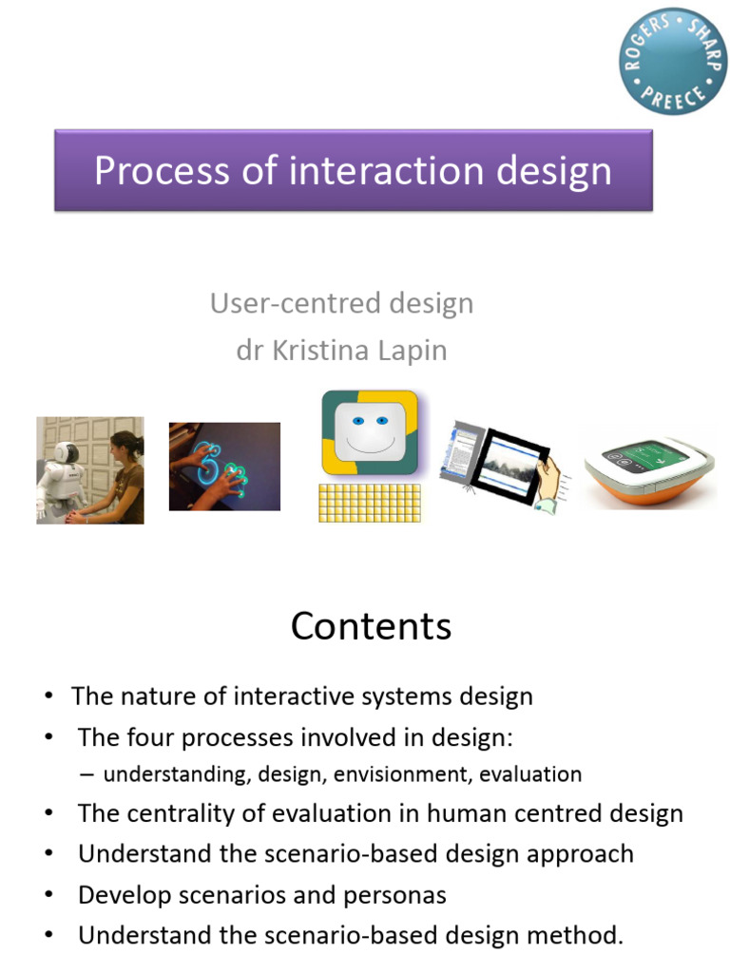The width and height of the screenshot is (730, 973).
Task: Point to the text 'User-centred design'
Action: [x=341, y=304]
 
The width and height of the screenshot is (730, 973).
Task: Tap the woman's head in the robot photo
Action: [x=125, y=445]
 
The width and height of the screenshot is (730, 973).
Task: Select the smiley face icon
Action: [x=369, y=431]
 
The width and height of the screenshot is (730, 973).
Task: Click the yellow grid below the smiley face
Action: [x=369, y=502]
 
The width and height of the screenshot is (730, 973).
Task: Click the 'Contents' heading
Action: [x=371, y=626]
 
